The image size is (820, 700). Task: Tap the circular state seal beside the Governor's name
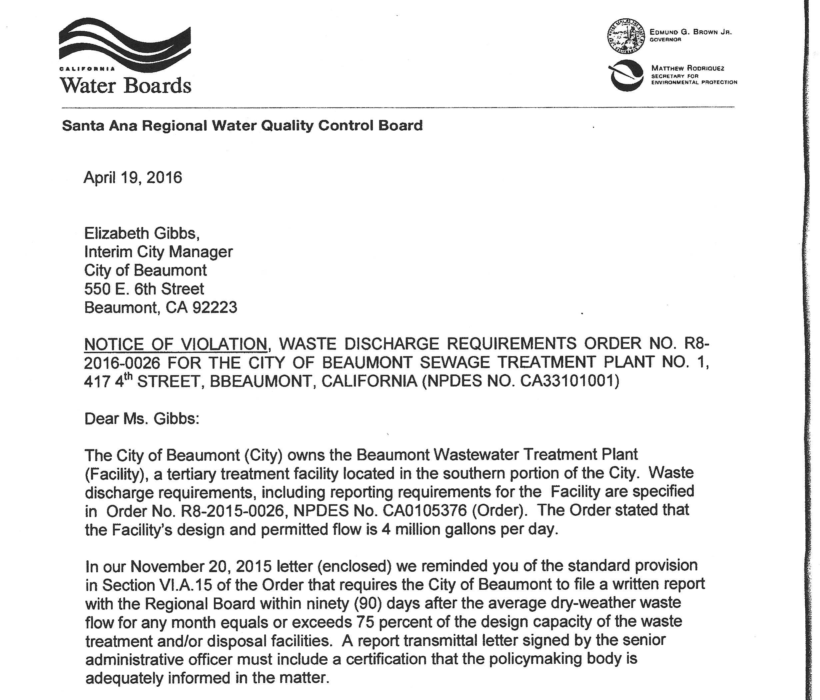pos(626,36)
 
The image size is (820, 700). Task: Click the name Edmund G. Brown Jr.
pos(691,32)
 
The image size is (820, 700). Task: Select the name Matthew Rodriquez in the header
pos(688,68)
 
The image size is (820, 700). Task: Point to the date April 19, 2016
pos(133,177)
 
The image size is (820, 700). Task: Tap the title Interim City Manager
pos(158,252)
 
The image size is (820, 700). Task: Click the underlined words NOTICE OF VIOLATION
pos(176,344)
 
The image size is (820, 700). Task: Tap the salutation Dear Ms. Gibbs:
pos(142,418)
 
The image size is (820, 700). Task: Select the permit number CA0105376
pos(424,510)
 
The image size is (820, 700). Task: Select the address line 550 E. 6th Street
pos(144,289)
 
